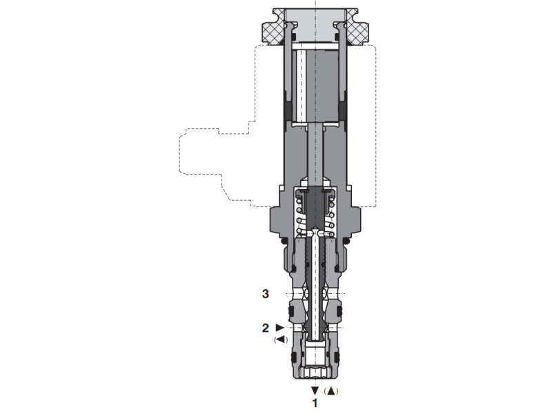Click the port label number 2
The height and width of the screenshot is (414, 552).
(x=264, y=328)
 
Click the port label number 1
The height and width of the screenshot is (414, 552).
(x=315, y=402)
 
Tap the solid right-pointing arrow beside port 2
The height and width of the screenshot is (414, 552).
(x=279, y=327)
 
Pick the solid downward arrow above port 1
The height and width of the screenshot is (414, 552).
(x=315, y=391)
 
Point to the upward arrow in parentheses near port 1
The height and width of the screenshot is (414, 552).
(x=332, y=391)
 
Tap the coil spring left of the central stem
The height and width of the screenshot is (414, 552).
(x=300, y=214)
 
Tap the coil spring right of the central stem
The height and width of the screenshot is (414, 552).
(x=331, y=214)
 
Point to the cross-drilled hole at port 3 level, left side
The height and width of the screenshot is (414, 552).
(x=297, y=295)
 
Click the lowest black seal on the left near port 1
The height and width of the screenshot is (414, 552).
(x=293, y=359)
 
